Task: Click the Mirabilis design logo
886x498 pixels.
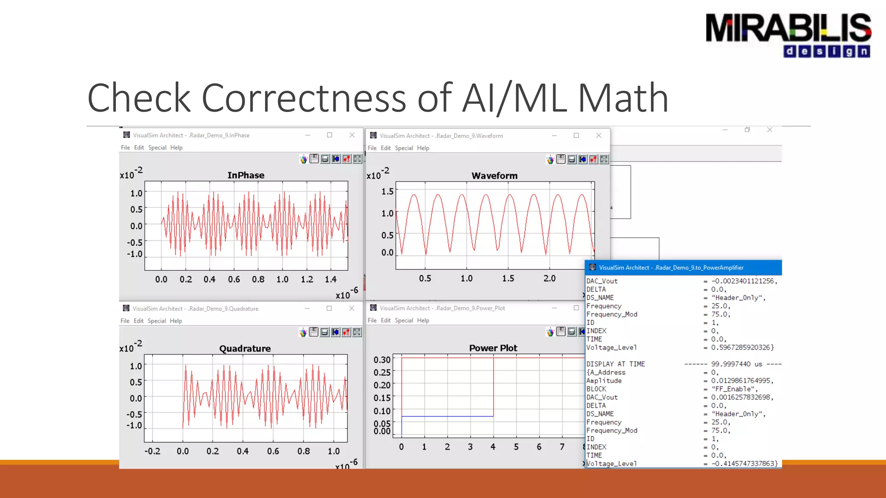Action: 788,35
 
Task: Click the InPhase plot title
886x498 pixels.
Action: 246,175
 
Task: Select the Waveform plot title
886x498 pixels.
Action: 494,176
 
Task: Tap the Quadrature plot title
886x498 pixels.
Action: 245,348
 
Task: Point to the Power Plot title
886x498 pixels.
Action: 493,348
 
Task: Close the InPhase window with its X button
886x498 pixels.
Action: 352,135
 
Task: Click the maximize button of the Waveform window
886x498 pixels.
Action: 576,136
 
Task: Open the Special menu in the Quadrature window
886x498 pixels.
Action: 157,321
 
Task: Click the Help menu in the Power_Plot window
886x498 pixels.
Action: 423,320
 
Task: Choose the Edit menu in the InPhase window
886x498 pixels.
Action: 139,147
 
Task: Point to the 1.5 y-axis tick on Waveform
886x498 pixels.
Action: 387,191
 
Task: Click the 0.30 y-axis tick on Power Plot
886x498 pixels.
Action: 382,360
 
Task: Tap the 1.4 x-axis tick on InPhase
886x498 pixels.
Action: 331,279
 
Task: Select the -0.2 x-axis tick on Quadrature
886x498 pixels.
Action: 152,451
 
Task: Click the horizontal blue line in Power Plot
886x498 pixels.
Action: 447,416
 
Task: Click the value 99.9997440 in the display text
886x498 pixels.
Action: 731,364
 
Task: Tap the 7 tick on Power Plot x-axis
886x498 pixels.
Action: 562,447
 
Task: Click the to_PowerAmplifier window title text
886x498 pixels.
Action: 671,268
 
